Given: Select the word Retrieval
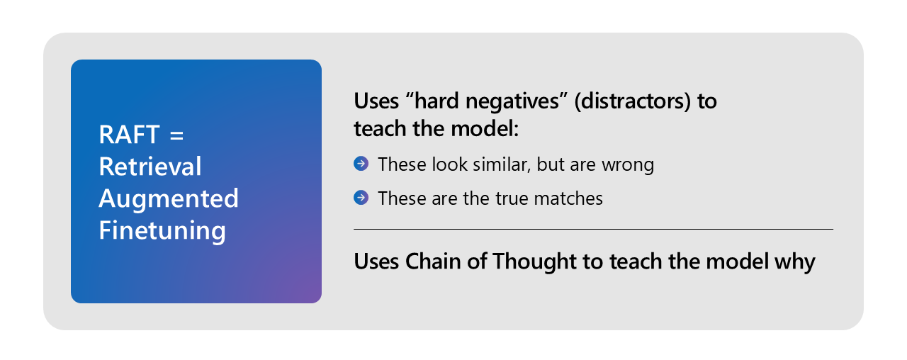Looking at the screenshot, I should pyautogui.click(x=150, y=167).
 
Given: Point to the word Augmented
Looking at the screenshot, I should pyautogui.click(x=169, y=198).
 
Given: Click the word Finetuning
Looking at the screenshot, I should pyautogui.click(x=162, y=230).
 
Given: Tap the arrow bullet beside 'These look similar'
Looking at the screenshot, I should pyautogui.click(x=361, y=164).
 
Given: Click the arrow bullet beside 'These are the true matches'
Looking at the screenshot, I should pyautogui.click(x=361, y=198).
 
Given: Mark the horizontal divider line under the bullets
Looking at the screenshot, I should pyautogui.click(x=593, y=229).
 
